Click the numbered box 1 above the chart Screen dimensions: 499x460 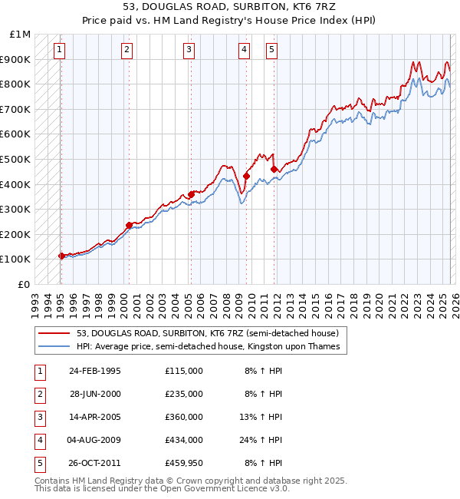point(60,51)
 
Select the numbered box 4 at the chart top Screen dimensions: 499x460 point(244,51)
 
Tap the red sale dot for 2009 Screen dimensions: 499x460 point(246,176)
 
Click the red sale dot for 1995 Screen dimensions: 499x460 point(61,256)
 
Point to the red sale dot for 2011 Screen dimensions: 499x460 point(274,169)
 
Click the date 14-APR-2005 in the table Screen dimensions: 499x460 point(95,417)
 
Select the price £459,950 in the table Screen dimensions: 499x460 point(184,463)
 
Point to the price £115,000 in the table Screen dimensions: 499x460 point(184,371)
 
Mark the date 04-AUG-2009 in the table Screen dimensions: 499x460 point(95,440)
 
